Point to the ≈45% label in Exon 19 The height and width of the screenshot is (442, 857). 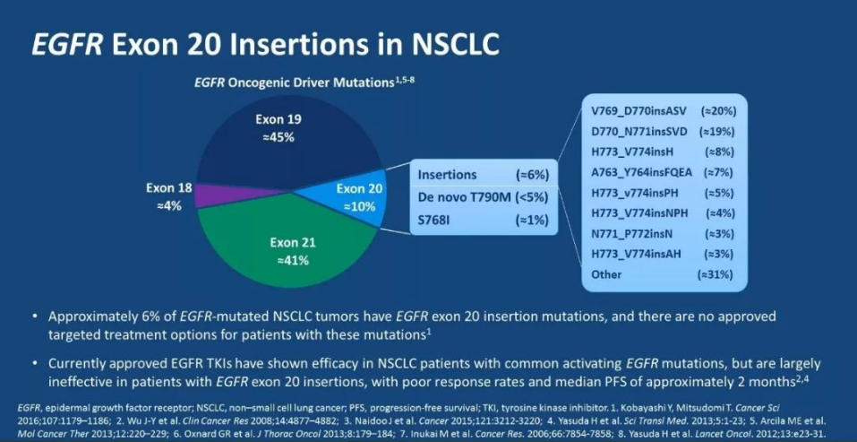(x=278, y=137)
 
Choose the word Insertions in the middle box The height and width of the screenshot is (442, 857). (x=449, y=175)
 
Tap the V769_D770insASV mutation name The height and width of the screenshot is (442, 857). (x=637, y=110)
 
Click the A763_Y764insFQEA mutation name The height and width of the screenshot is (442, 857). (x=642, y=172)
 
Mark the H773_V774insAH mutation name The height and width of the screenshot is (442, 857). (x=635, y=254)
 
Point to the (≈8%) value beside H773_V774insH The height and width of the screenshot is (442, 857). (x=718, y=152)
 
